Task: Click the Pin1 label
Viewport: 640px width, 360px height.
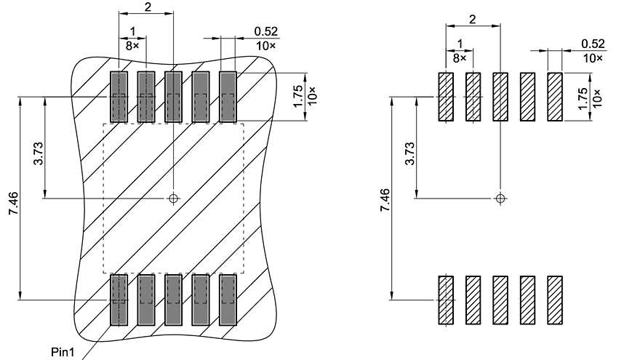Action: pos(62,351)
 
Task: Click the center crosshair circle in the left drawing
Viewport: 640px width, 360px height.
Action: pos(173,198)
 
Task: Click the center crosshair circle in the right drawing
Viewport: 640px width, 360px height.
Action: pos(500,197)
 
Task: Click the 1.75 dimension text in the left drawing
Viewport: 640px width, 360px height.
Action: pos(297,97)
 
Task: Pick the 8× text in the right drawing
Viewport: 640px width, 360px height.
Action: pos(460,57)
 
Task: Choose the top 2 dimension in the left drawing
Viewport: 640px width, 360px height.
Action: pos(148,7)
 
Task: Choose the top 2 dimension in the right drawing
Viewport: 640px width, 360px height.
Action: pos(473,19)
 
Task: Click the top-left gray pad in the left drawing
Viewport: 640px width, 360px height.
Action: pos(119,97)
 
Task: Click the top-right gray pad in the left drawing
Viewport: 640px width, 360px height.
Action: pos(228,97)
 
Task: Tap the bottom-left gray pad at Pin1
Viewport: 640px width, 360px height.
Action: pos(119,299)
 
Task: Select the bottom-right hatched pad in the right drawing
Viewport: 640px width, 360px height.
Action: pos(556,300)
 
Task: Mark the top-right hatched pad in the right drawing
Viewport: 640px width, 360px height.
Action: pos(556,97)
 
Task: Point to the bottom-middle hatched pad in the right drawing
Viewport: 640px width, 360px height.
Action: pos(500,300)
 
